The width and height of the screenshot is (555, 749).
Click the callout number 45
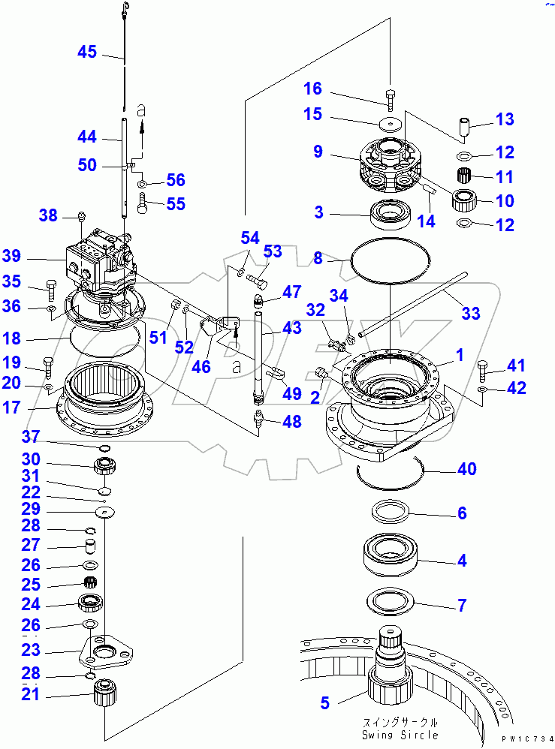pos(87,52)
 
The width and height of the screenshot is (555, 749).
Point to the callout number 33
pos(470,313)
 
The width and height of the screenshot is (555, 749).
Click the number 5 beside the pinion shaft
pos(324,703)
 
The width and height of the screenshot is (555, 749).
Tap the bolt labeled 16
pos(391,96)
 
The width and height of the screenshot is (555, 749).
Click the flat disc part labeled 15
pos(389,124)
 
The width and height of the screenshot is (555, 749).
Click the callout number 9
pos(318,152)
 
